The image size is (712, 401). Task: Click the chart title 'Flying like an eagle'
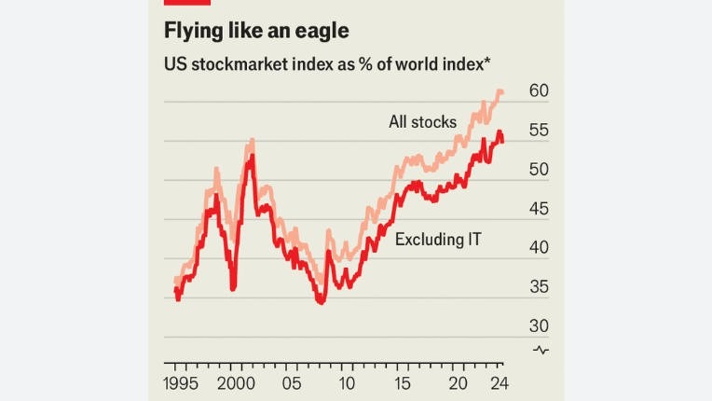[256, 31]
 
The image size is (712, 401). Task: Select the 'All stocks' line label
[422, 122]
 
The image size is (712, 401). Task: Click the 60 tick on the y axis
[539, 91]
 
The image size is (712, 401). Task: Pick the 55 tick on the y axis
[539, 131]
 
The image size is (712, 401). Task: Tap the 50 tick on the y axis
[539, 171]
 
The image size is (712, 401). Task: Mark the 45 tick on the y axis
[539, 210]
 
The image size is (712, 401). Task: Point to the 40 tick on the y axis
[539, 249]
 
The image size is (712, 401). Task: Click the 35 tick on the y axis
[539, 288]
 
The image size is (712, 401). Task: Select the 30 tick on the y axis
[539, 326]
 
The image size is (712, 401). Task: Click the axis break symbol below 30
[541, 350]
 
